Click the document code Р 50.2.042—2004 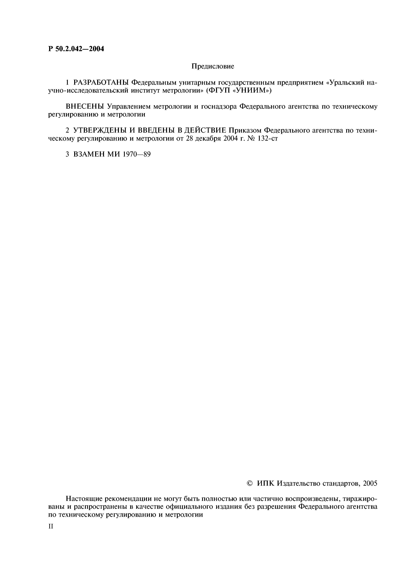[76, 49]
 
